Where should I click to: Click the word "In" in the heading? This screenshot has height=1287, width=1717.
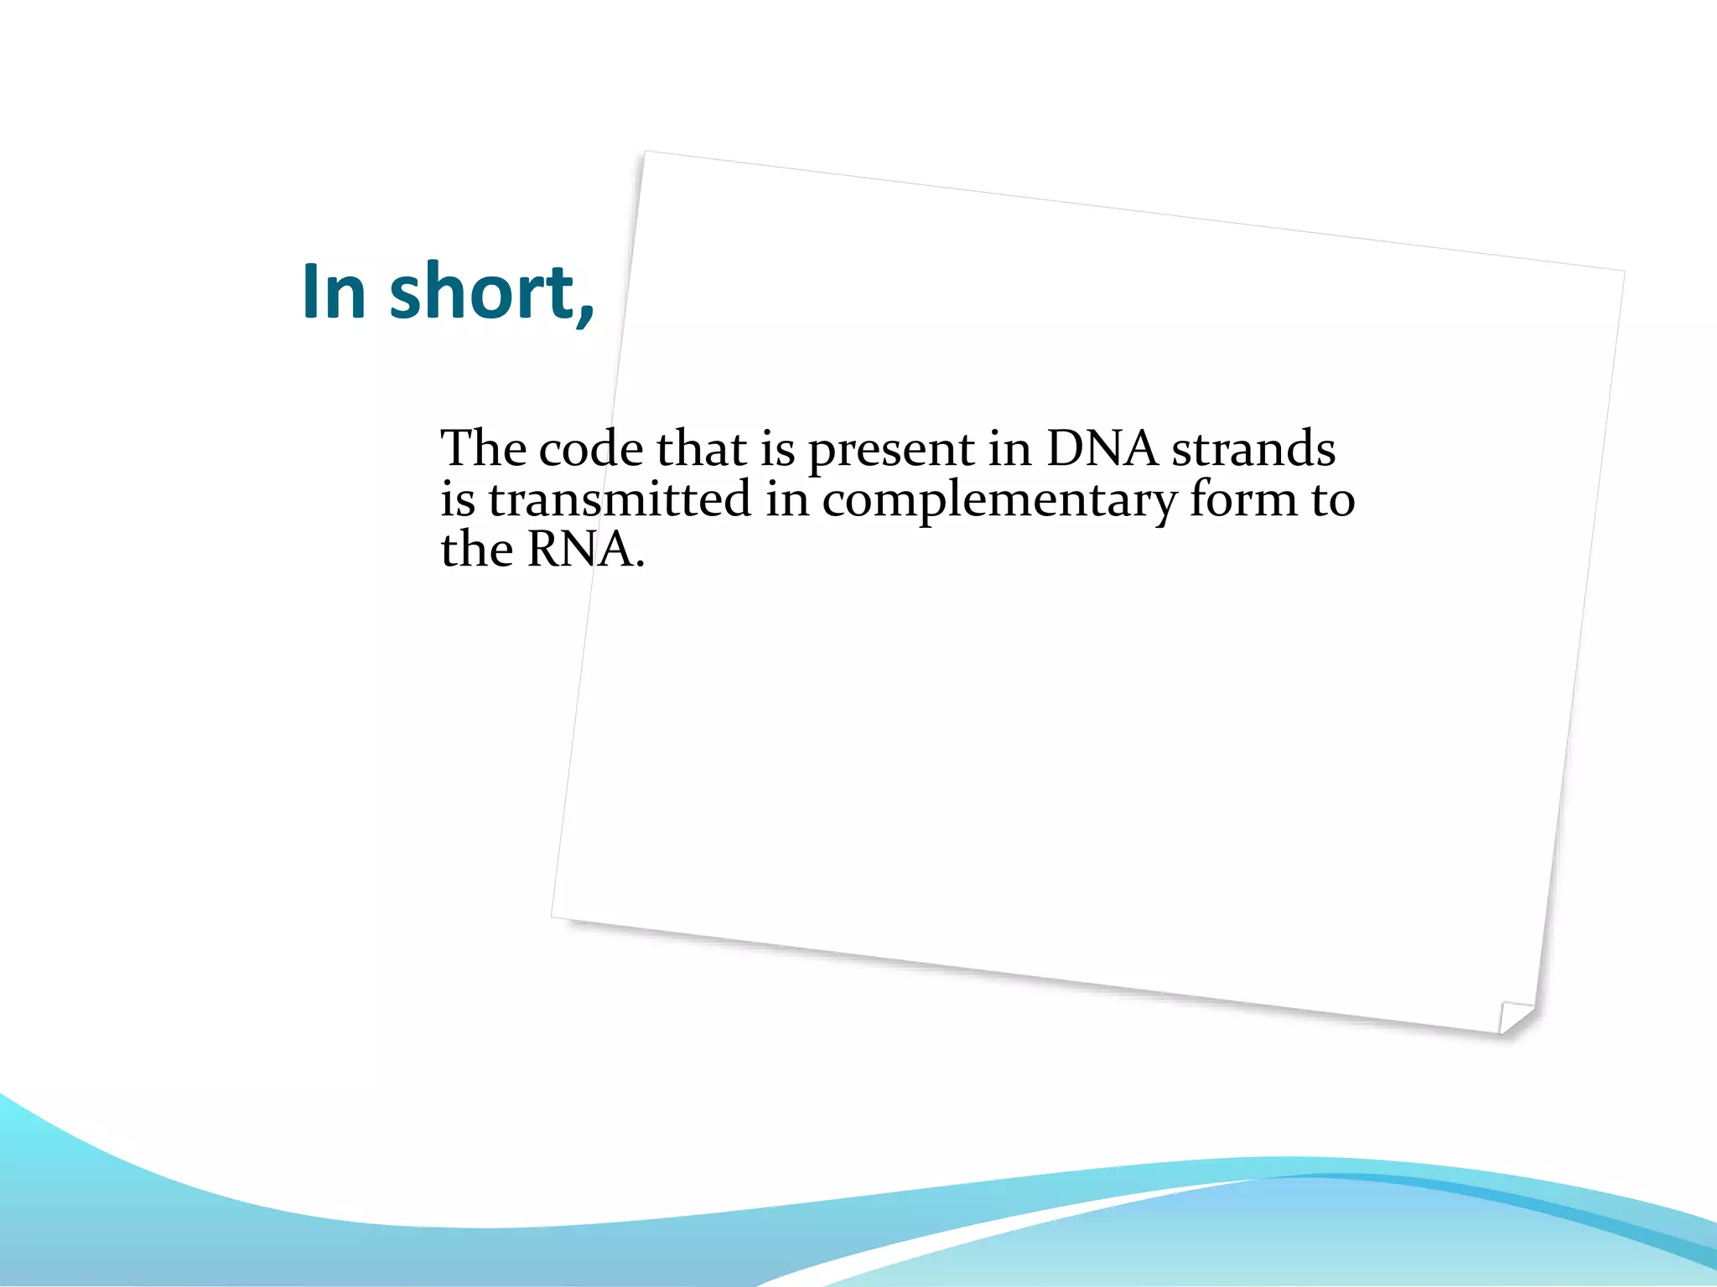tap(334, 292)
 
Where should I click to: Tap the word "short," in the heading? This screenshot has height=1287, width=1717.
tap(492, 292)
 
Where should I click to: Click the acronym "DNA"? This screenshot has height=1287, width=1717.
tap(1102, 448)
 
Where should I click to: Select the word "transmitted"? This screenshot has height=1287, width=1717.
tap(620, 499)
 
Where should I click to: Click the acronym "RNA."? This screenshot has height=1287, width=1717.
tap(586, 550)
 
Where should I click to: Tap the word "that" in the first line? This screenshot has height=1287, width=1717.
tap(702, 448)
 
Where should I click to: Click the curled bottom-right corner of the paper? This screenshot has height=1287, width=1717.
tap(1516, 1017)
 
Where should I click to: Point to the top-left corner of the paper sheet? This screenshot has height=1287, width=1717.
tap(645, 152)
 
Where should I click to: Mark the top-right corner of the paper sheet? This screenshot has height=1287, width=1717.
tap(1623, 271)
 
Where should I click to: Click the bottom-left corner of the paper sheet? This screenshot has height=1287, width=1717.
tap(552, 917)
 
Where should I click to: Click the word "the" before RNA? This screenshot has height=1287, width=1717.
tap(476, 550)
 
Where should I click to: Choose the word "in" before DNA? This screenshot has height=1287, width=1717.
tap(1009, 449)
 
